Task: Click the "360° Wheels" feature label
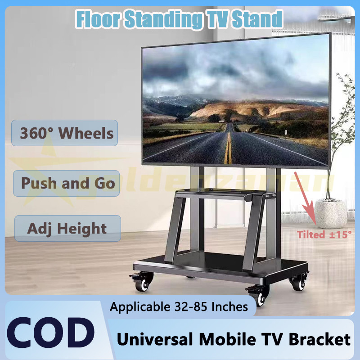coord(67,133)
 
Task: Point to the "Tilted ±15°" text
coord(324,234)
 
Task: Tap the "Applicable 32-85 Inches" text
coord(179,307)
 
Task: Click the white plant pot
coord(331,213)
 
